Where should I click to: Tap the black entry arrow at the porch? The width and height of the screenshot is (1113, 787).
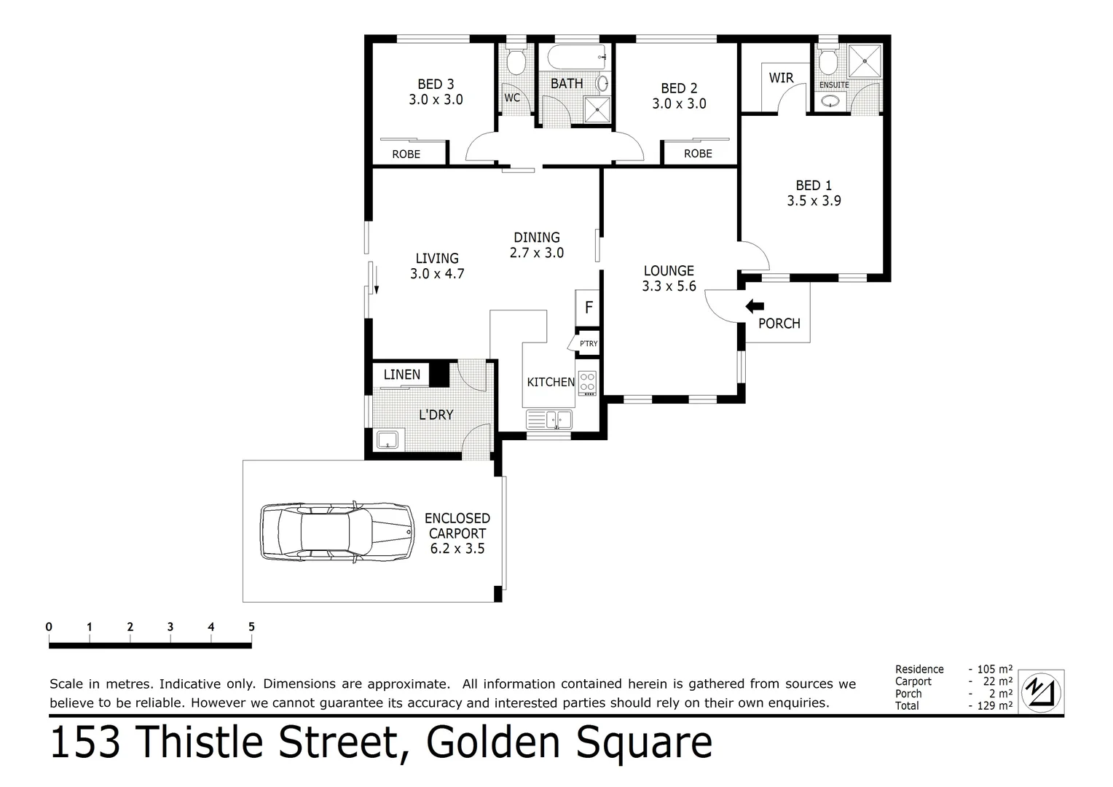point(755,307)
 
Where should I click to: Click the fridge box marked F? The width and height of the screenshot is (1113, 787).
point(589,308)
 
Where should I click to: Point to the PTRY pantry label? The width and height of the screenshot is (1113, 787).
point(588,343)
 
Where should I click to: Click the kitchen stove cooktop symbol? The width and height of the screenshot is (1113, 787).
point(587,382)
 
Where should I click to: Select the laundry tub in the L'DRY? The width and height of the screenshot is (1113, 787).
point(387,439)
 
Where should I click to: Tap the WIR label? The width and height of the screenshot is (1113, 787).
point(781,78)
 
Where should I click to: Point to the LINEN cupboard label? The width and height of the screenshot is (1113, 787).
point(401,375)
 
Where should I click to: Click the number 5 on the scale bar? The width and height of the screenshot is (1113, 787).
point(251,627)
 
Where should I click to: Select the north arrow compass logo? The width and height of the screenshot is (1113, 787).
point(1041,691)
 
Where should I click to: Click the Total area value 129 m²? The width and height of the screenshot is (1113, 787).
point(994,705)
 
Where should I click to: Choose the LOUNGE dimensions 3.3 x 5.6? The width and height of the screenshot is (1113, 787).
point(669,286)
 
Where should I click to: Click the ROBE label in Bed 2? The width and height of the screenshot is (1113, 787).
point(697,154)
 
